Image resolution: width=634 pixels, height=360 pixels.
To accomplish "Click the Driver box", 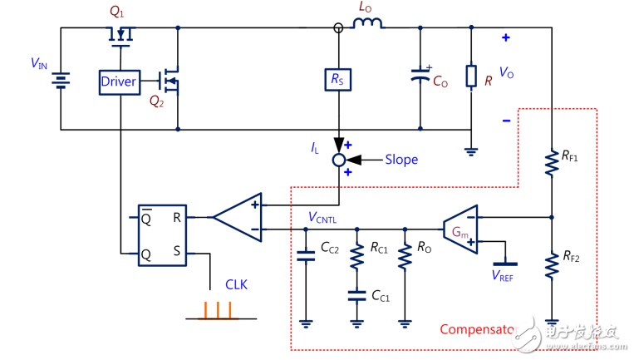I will pos(119,81).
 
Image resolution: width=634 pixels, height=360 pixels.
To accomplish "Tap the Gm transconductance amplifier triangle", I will pos(460,228).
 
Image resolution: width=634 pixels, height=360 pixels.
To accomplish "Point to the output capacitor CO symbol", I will pos(420,78).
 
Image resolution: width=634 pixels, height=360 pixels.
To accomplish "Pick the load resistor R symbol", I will pos(471,77).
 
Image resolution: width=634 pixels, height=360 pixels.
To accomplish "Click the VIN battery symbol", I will pos(61,79).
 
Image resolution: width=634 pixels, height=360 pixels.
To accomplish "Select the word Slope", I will pos(401,159).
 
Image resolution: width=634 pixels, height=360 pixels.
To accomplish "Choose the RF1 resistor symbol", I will pos(551,164).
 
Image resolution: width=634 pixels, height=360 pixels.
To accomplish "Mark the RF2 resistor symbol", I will pos(551,265).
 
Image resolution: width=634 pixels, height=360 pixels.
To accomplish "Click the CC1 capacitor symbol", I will pos(356,293).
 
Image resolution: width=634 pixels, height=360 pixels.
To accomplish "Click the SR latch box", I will pos(162,235).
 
